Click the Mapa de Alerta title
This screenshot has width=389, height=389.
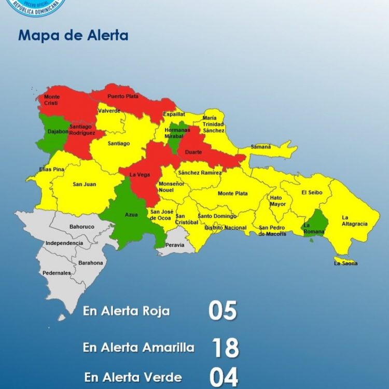(x=73, y=36)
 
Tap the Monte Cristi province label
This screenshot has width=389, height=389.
(x=52, y=100)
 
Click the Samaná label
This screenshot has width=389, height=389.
(x=261, y=147)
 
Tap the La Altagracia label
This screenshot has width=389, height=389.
(x=354, y=220)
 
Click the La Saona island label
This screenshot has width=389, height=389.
(x=346, y=263)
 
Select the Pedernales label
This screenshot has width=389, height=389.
(x=57, y=273)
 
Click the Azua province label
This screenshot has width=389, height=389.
(x=131, y=214)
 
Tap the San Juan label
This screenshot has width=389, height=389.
(x=84, y=184)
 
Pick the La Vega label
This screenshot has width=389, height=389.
(x=140, y=174)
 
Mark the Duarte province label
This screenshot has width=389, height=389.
(x=193, y=152)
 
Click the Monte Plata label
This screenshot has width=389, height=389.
(x=233, y=193)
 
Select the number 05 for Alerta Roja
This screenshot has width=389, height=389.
(x=223, y=311)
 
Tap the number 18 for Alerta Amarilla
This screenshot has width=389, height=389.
(x=225, y=348)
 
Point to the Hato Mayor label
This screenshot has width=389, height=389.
(x=277, y=201)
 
